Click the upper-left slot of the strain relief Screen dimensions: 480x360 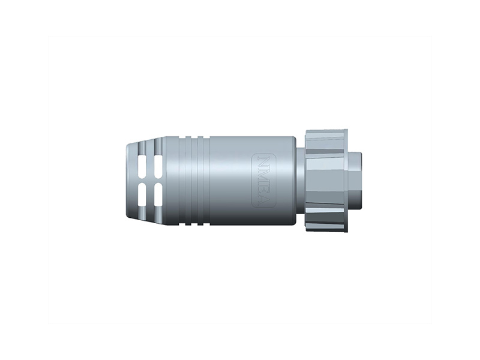tap(143, 167)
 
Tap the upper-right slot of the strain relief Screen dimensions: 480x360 tap(158, 167)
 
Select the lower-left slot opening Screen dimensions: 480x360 tap(143, 194)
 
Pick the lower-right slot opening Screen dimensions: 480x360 tap(158, 194)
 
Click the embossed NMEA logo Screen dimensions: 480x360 tap(263, 181)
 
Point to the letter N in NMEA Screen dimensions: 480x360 tap(263, 161)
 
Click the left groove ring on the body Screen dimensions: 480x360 tap(188, 181)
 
